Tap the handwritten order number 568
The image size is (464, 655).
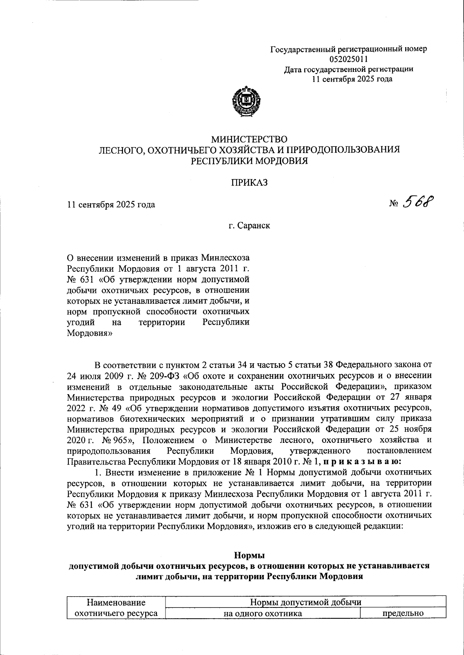(418, 201)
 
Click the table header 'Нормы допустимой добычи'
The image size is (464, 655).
(305, 602)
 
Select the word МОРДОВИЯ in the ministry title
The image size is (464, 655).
(281, 160)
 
